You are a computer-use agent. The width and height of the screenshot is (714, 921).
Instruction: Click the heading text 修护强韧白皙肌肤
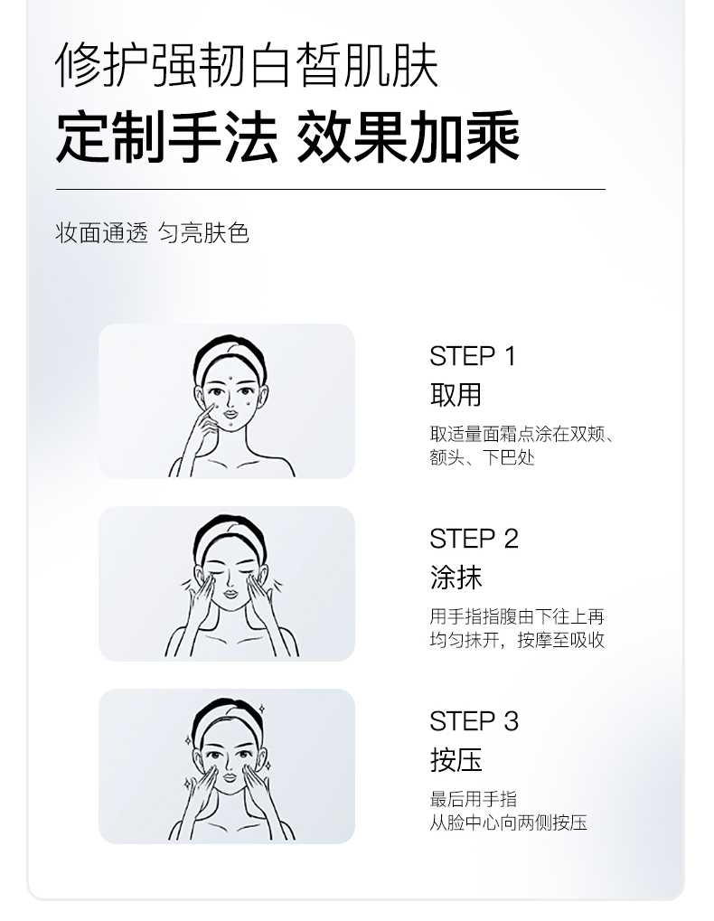point(248,65)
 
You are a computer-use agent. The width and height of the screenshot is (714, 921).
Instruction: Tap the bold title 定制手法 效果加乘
point(287,137)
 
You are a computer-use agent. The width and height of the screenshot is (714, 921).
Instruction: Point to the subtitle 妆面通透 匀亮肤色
point(152,233)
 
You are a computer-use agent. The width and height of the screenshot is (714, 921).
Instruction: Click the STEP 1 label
point(473,356)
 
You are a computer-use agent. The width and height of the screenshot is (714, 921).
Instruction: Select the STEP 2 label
point(474,539)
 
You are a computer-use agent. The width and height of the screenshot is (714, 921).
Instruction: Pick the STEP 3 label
point(474,721)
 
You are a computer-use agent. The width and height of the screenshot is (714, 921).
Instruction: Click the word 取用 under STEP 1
point(456,395)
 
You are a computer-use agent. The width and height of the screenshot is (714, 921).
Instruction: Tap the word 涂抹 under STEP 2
point(456,578)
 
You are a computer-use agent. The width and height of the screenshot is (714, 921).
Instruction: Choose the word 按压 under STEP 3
point(456,760)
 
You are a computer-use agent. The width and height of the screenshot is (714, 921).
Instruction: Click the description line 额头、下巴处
point(482,457)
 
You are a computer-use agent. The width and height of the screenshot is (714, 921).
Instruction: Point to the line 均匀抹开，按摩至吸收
point(517,640)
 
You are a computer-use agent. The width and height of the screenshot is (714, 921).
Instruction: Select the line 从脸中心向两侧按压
point(509,822)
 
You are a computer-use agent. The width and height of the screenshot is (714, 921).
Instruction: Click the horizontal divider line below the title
point(331,189)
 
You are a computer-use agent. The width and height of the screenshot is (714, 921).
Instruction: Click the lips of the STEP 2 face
point(230,592)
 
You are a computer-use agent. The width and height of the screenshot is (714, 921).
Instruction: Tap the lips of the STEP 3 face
point(230,777)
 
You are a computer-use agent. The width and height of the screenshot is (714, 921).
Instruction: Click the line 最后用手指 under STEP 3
point(474,799)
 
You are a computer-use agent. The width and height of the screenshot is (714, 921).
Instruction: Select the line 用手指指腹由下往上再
point(517,616)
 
